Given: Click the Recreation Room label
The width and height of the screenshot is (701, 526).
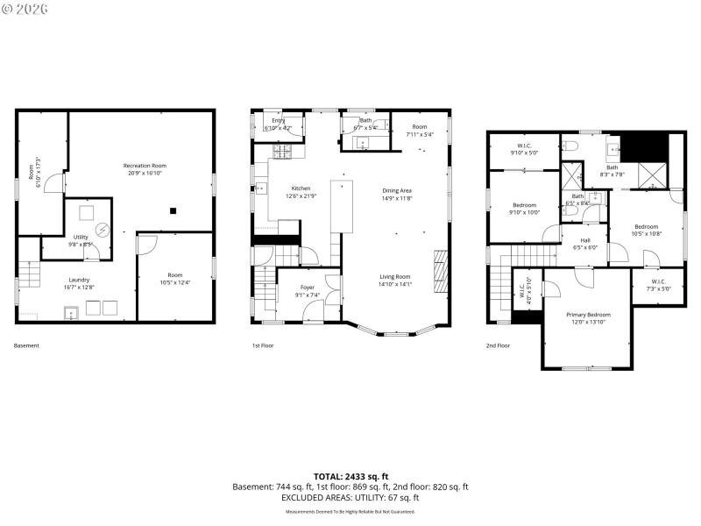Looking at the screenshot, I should (x=145, y=169).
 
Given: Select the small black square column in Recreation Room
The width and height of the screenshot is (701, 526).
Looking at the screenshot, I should (x=173, y=210).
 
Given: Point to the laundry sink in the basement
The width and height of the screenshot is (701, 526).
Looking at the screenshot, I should (x=71, y=310).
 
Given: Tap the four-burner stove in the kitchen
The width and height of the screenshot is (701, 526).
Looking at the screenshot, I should (x=284, y=152).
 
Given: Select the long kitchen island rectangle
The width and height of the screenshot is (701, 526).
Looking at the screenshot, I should (x=341, y=207).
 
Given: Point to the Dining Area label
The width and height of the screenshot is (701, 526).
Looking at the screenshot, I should (x=397, y=194).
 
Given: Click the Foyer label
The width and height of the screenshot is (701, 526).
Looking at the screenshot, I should (x=307, y=290).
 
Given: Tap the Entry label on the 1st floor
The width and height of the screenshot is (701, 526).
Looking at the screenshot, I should (x=278, y=124).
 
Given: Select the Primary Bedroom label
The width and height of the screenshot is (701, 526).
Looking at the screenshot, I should (x=588, y=318).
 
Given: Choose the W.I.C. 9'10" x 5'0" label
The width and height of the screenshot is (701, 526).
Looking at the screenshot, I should (x=525, y=148).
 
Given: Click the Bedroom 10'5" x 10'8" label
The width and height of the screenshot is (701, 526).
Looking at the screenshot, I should (x=646, y=230).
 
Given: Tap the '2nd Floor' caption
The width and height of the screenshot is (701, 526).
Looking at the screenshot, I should (x=498, y=345).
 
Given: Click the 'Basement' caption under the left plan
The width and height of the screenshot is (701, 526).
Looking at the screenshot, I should (x=26, y=345).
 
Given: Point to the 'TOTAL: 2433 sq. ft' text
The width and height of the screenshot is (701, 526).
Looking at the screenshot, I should (x=350, y=476).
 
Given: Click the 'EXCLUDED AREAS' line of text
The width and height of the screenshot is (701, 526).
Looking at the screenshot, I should (x=350, y=497).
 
